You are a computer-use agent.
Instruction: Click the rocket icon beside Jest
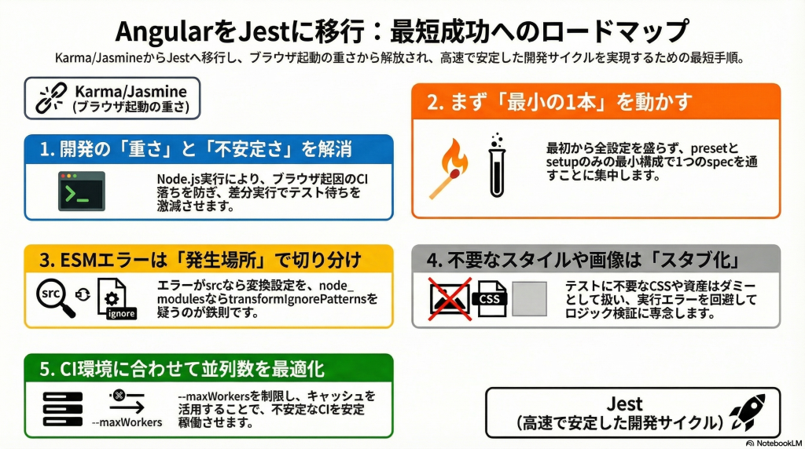coord(748,412)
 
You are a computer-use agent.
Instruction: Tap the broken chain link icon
coord(51,98)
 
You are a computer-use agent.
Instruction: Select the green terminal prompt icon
coord(82,192)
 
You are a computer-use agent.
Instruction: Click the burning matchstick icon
coord(449,169)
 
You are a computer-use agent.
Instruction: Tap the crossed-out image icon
coord(450,299)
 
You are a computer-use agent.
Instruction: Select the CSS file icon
coord(492,299)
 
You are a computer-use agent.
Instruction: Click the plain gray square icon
coord(529,299)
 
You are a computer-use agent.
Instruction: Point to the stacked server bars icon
coord(63,409)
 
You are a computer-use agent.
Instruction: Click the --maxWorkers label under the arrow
coord(127,423)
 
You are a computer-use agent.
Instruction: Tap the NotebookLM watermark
coord(774,444)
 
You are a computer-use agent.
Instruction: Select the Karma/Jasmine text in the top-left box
coord(131,91)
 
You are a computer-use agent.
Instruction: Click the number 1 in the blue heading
coord(46,149)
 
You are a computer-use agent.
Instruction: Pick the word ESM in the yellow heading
coord(79,260)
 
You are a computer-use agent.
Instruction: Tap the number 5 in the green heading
coord(45,369)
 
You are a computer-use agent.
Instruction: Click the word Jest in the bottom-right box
coord(624,404)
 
